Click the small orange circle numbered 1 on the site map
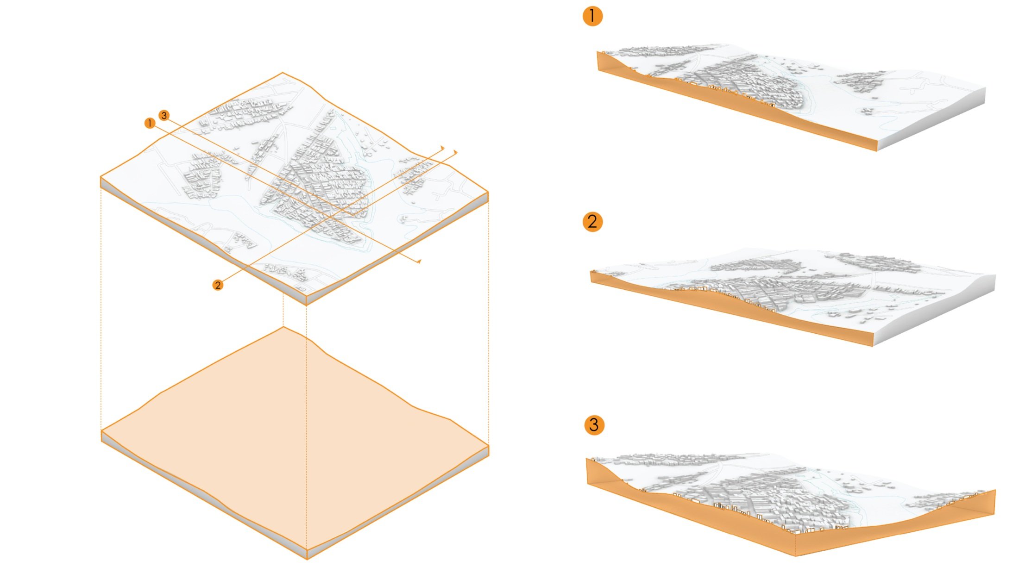tap(150, 123)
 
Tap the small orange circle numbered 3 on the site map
tap(164, 115)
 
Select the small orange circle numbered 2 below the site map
tap(218, 285)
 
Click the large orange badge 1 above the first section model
tap(592, 16)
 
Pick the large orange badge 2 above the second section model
tap(592, 222)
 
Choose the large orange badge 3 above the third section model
tap(594, 425)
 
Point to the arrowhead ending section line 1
tap(419, 262)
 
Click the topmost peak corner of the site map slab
tap(283, 73)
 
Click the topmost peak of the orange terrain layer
tap(283, 327)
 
